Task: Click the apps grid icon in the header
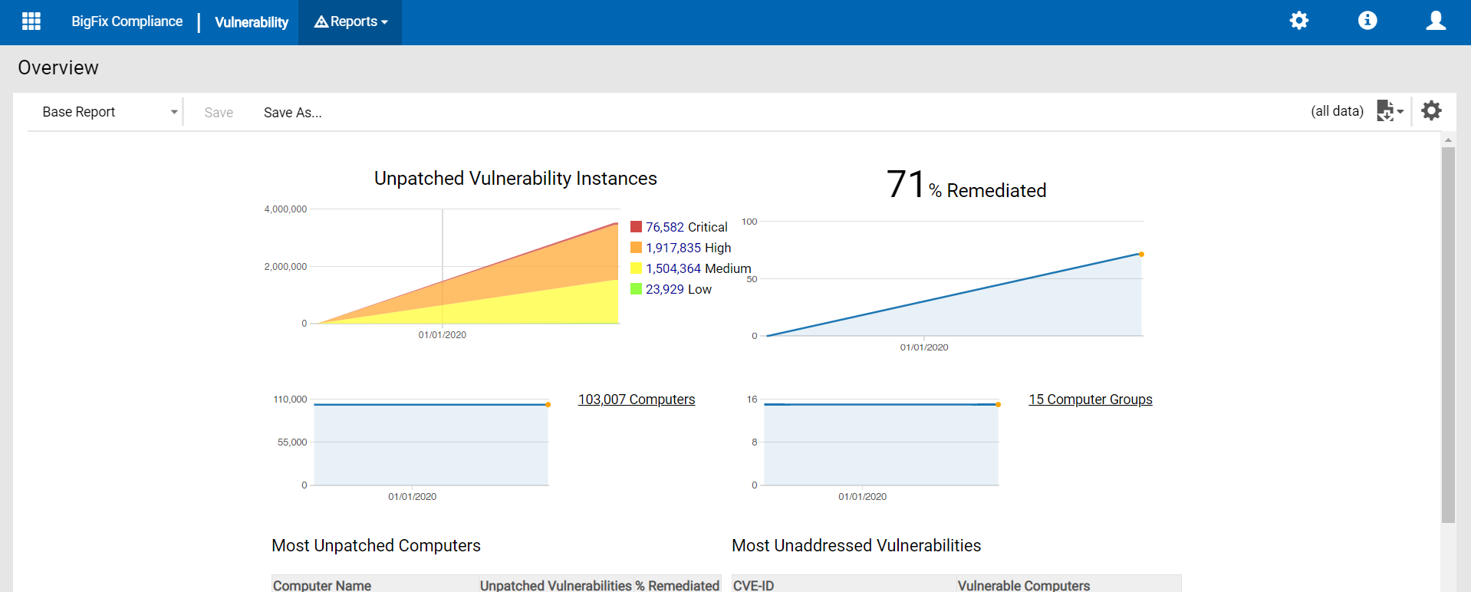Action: pos(31,21)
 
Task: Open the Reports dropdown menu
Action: pos(350,22)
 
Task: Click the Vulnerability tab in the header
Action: pos(252,22)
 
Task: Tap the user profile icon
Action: pos(1436,21)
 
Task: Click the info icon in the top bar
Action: pos(1367,21)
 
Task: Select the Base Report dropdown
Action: pos(107,112)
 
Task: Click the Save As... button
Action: pos(292,113)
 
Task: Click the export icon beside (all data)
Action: pos(1389,111)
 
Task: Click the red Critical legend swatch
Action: pos(636,227)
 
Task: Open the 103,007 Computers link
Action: pos(637,400)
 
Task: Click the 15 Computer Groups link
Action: pos(1090,400)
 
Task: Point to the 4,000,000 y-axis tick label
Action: pos(285,209)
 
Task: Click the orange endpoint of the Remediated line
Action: pos(1141,254)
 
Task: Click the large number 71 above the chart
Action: pos(906,185)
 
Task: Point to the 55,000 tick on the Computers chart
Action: pos(291,442)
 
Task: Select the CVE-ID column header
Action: pos(753,585)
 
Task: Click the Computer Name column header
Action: pos(322,585)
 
